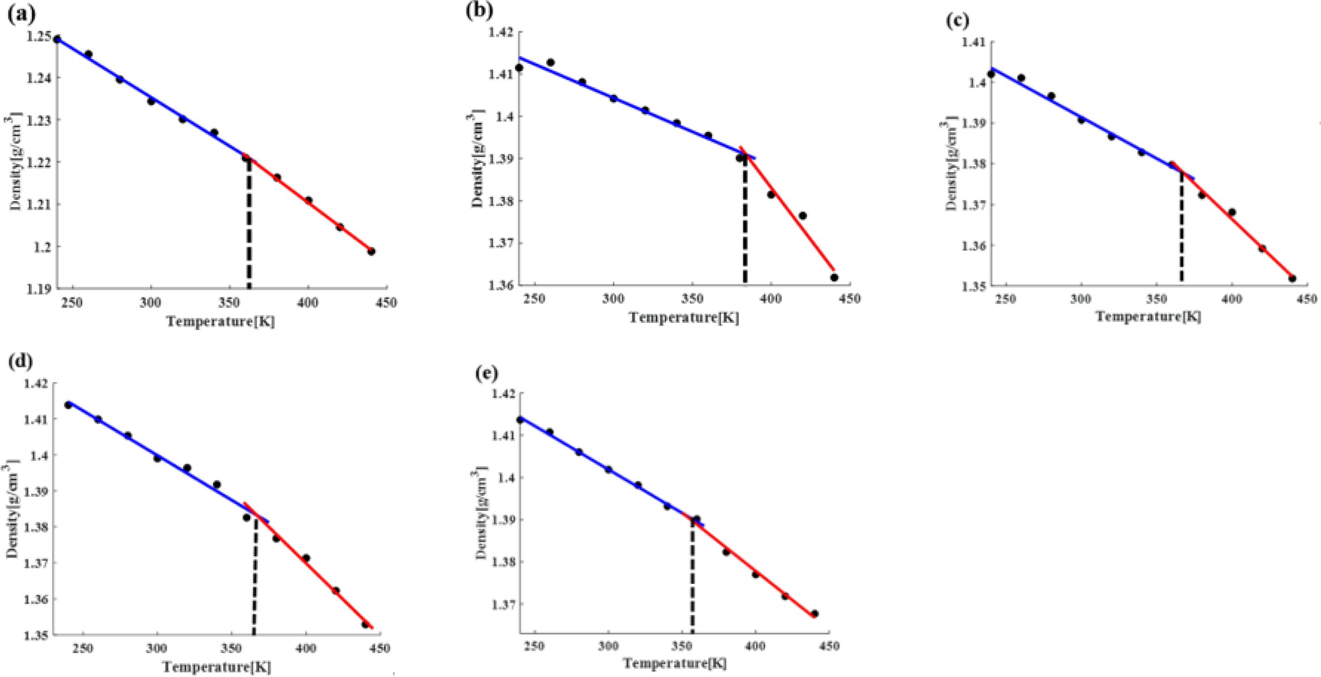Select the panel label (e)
487,374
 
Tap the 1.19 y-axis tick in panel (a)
40,289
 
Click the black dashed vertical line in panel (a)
249,231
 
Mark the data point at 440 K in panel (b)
834,277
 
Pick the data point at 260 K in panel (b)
550,63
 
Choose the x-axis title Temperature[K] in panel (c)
1148,316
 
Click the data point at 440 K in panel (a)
371,251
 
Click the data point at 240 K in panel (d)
68,405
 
